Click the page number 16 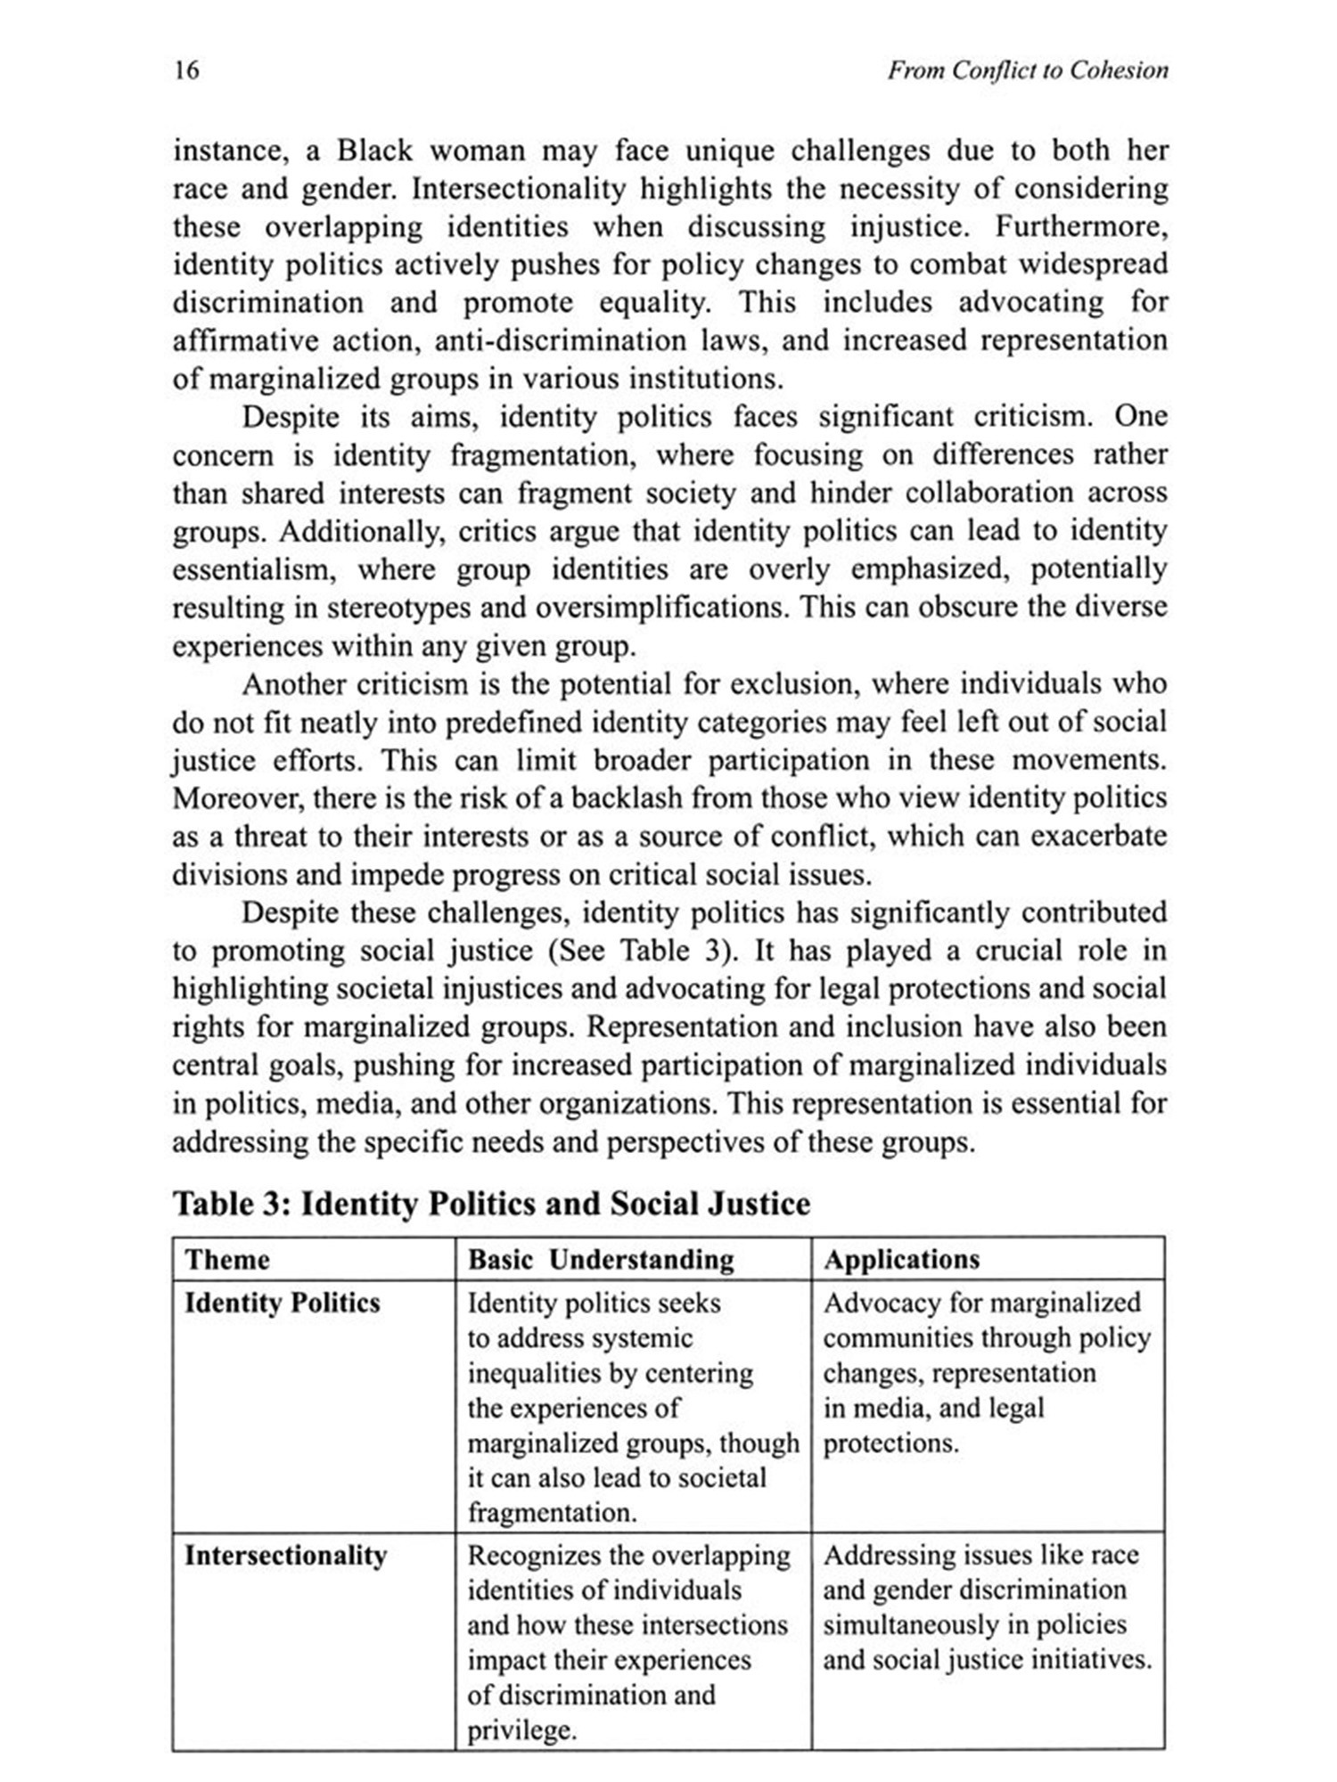tap(186, 70)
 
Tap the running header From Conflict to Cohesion tap(1027, 70)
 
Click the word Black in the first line tap(374, 151)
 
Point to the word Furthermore tap(1080, 227)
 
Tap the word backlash tap(629, 797)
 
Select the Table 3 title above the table tap(491, 1204)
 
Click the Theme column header tap(226, 1260)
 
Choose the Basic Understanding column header tap(601, 1260)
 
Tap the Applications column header tap(901, 1260)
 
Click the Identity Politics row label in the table tap(282, 1304)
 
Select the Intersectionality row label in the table tap(285, 1557)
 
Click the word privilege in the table tap(521, 1730)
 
